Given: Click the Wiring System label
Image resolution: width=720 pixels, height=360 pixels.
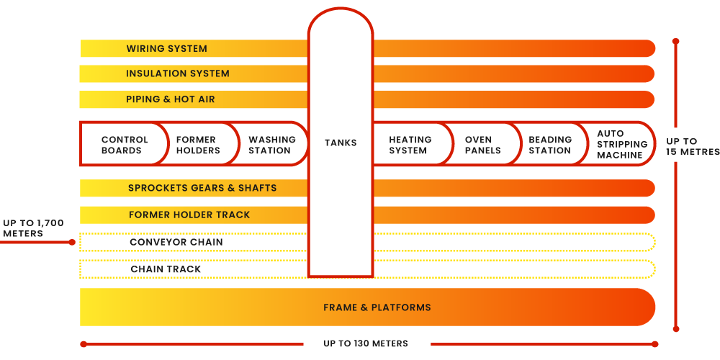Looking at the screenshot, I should (x=166, y=49).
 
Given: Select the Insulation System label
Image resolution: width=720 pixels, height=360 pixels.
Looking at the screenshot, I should (x=178, y=73).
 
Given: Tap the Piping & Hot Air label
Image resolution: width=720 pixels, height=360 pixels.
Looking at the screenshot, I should (x=171, y=99).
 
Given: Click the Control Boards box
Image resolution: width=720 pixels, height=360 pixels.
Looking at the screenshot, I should (x=125, y=145).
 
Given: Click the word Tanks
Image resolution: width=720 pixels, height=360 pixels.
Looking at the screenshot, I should (x=341, y=143).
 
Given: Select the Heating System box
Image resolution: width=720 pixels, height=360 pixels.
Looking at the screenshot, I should (x=410, y=145).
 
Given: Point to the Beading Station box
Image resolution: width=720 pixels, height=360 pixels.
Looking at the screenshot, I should (x=550, y=145).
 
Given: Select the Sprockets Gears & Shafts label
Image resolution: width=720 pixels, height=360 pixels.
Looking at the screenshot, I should (x=202, y=188).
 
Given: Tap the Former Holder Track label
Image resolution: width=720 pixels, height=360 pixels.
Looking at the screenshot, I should (x=189, y=215).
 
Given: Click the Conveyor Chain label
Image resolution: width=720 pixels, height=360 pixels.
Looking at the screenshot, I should (x=176, y=242).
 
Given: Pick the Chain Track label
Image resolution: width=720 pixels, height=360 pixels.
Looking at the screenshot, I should (x=166, y=269).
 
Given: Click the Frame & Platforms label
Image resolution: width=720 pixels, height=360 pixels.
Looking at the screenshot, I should (x=377, y=307).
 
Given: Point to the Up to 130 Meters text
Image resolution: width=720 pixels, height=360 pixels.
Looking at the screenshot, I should (x=366, y=343).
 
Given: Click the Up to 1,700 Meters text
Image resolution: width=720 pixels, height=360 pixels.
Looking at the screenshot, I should (x=33, y=228).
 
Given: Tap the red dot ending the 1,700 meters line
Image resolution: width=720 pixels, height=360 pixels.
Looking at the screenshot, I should (x=72, y=243).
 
